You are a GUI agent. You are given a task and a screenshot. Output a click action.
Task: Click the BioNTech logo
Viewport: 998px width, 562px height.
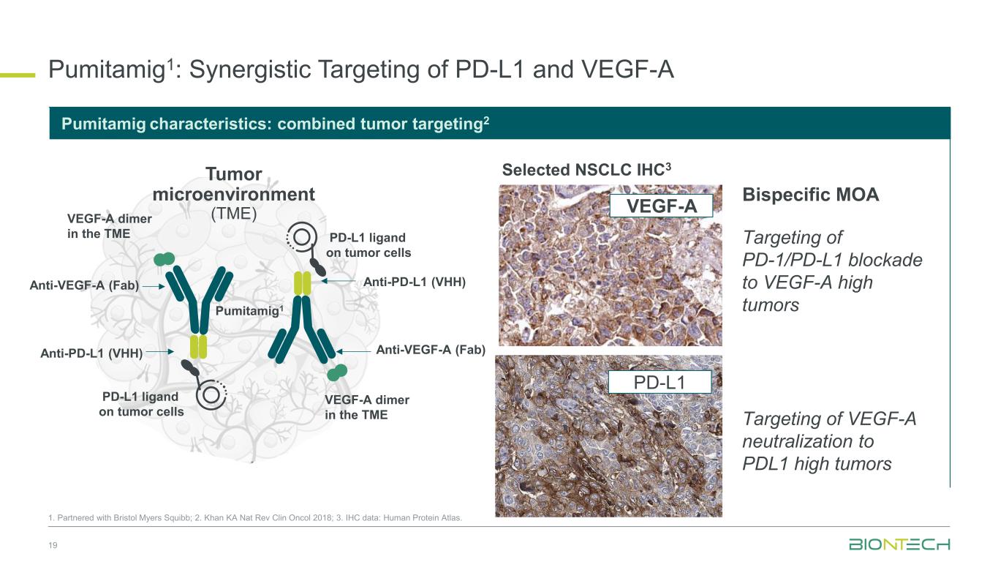click(x=899, y=544)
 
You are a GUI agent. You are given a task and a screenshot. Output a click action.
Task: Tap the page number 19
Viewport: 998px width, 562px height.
click(x=53, y=545)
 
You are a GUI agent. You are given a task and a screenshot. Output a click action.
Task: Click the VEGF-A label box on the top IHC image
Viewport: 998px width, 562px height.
click(x=661, y=206)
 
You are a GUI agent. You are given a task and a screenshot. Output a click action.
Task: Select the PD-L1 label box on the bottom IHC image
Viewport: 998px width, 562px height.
click(x=659, y=382)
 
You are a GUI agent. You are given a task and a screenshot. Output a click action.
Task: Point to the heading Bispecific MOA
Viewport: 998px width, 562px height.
click(x=810, y=195)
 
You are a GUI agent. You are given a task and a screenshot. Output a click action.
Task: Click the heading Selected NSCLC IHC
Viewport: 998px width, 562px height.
click(x=586, y=170)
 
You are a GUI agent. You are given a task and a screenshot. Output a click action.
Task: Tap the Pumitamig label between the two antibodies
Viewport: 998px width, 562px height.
click(x=249, y=310)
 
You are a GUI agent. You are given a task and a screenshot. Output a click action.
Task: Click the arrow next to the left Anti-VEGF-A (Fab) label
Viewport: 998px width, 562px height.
click(x=154, y=286)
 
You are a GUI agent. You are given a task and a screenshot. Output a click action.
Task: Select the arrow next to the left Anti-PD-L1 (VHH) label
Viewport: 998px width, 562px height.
click(x=159, y=352)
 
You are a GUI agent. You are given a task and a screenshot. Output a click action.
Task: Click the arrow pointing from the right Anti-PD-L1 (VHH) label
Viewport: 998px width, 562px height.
click(x=339, y=281)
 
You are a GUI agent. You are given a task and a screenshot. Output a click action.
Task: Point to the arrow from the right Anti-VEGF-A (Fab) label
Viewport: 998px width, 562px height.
click(x=353, y=351)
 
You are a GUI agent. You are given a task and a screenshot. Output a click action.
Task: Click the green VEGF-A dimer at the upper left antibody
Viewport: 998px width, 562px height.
click(x=164, y=259)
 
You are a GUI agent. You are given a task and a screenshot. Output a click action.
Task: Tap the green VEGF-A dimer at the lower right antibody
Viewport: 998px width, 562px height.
click(x=337, y=372)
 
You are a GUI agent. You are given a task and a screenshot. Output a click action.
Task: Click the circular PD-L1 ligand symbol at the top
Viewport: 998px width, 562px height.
click(x=302, y=237)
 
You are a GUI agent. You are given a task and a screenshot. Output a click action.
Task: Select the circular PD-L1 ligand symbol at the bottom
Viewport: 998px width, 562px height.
click(x=211, y=394)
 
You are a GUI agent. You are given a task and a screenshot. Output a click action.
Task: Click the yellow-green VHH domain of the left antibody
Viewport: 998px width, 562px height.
click(x=198, y=347)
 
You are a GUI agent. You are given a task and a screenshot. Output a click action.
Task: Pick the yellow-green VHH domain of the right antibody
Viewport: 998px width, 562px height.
click(x=303, y=283)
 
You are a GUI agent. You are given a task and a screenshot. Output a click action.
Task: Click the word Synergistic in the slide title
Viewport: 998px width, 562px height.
click(x=250, y=70)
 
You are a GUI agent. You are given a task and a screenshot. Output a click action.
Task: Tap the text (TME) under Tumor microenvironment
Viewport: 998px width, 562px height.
click(x=233, y=214)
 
